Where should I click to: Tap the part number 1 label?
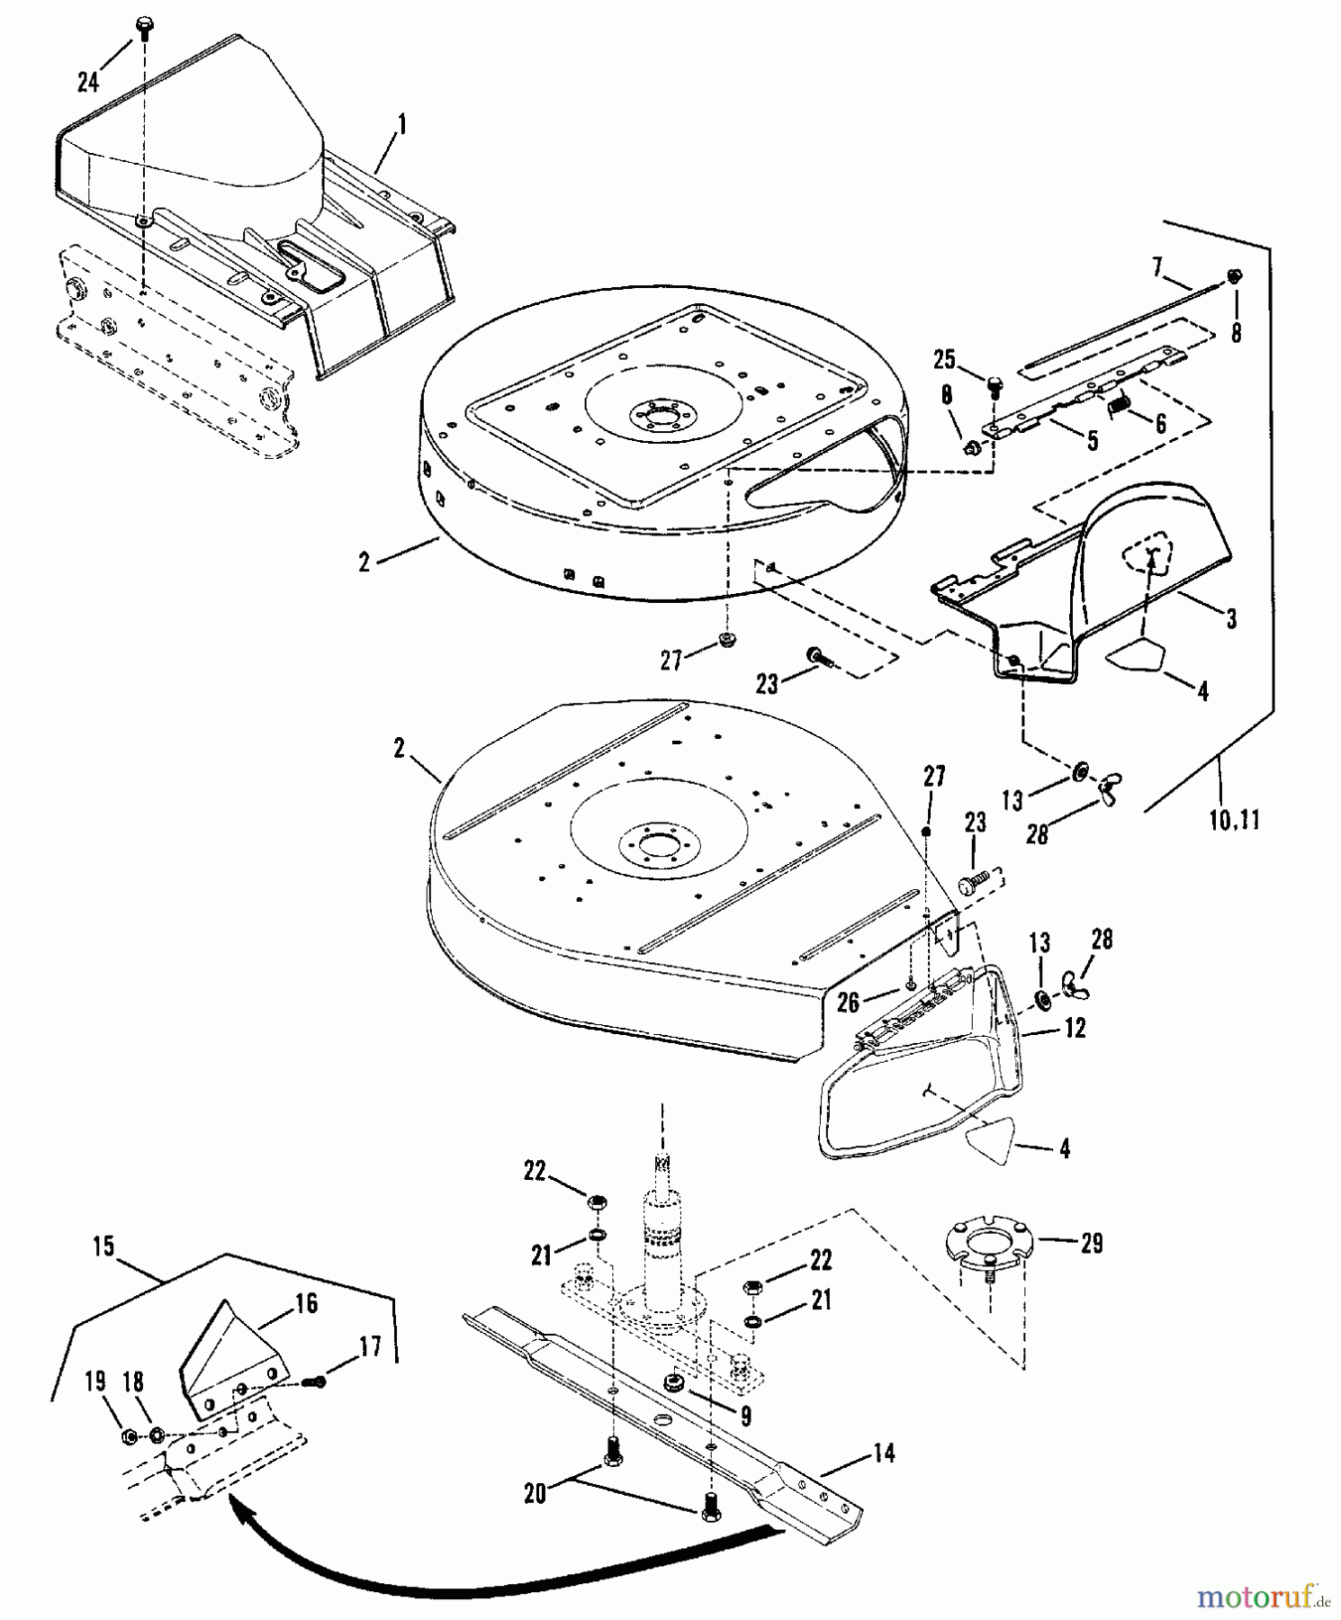pos(401,124)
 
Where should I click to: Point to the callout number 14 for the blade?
pos(885,1453)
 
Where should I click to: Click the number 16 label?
pos(306,1303)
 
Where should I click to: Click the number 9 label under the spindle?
pos(745,1416)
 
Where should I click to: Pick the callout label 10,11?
pos(1233,820)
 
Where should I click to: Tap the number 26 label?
pos(850,1001)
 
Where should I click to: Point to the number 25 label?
pos(944,360)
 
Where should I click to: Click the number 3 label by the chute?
pos(1231,618)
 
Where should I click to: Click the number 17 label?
pos(369,1347)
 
